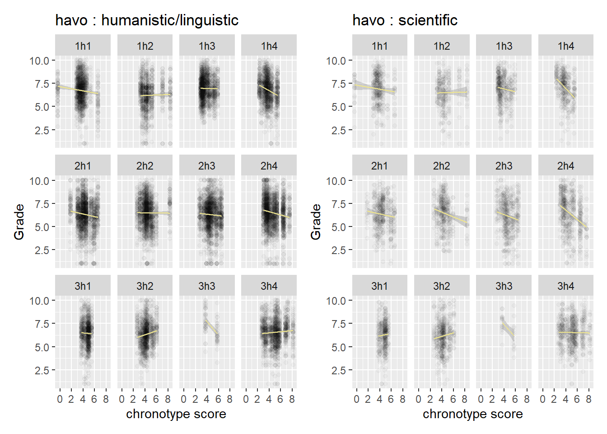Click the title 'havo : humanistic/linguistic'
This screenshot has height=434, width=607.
[147, 20]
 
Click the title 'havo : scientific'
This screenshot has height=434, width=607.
[405, 20]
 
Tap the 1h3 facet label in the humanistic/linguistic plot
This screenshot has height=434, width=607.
[207, 46]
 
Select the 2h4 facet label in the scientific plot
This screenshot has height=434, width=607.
[565, 166]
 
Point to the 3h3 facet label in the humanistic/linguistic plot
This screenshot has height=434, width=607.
[207, 286]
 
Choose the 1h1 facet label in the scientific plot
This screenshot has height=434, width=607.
[380, 46]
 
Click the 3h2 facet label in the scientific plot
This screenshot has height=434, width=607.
[441, 286]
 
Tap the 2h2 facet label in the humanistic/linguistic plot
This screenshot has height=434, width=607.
[145, 166]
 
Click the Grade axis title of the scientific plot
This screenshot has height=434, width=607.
[316, 222]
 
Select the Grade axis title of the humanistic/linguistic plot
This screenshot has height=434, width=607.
[19, 222]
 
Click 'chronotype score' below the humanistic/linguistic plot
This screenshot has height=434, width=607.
[176, 414]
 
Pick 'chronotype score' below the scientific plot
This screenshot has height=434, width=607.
[473, 414]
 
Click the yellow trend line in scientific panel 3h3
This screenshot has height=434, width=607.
[508, 330]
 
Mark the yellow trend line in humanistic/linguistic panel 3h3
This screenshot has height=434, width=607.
[212, 327]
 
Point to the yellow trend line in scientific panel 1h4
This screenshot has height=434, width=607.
[565, 89]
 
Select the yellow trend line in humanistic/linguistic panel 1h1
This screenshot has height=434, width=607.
[78, 90]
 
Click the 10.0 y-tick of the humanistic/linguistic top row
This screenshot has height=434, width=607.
[39, 61]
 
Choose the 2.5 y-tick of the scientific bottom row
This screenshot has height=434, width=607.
[338, 370]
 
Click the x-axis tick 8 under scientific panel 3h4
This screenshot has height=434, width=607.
[588, 399]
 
